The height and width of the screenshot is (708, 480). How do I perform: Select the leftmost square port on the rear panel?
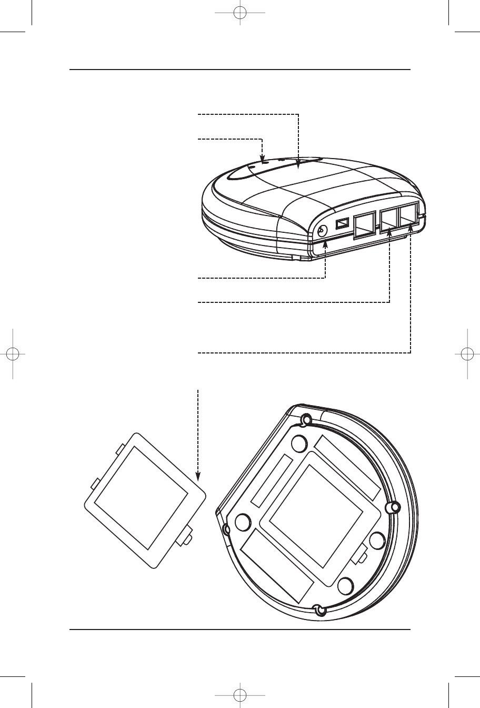tap(364, 227)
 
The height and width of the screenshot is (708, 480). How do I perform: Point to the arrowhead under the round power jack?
tap(325, 244)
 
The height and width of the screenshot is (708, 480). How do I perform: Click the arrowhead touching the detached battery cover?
tap(198, 476)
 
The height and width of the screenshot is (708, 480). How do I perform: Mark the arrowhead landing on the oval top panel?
tap(298, 166)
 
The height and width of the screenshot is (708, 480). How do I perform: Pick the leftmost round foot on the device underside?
tap(243, 522)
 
